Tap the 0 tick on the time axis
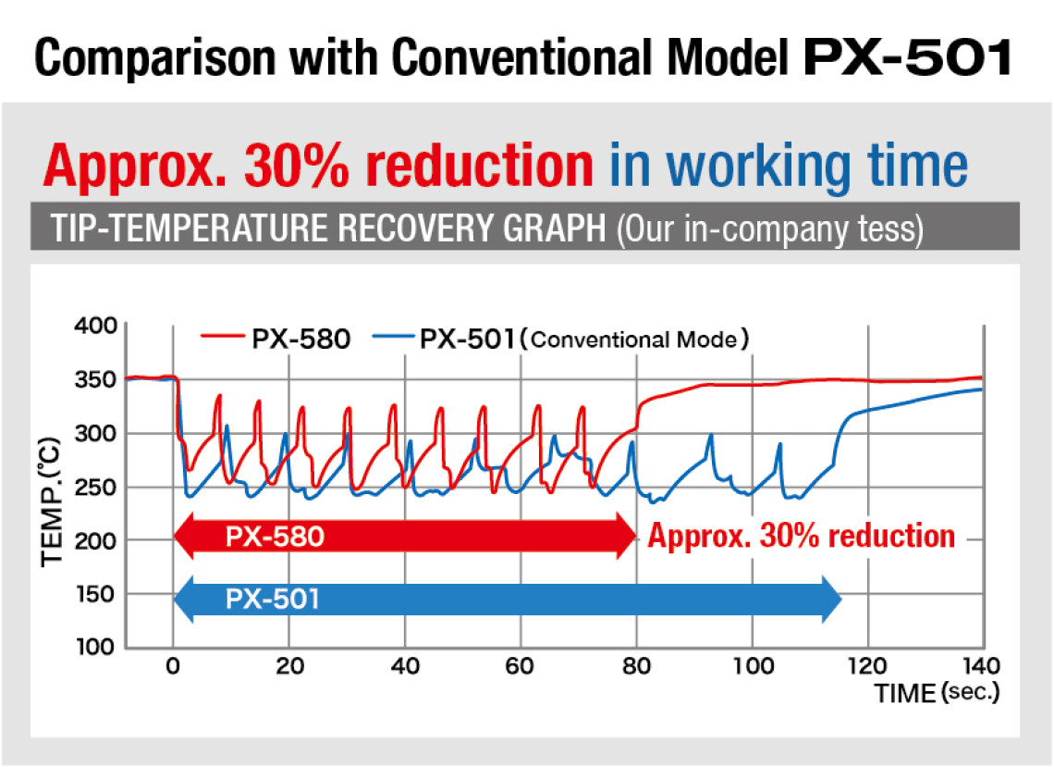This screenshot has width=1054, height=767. point(172,665)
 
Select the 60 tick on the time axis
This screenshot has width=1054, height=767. point(521,665)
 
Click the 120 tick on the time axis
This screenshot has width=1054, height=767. point(867,665)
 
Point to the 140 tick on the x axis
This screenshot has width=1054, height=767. point(982,665)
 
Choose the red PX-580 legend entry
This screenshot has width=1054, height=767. point(277,340)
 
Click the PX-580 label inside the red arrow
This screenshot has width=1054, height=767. point(275,537)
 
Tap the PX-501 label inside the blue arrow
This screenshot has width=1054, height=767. point(272,600)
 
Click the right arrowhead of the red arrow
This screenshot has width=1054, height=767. point(626,537)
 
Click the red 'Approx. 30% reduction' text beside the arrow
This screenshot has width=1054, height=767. point(801,536)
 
